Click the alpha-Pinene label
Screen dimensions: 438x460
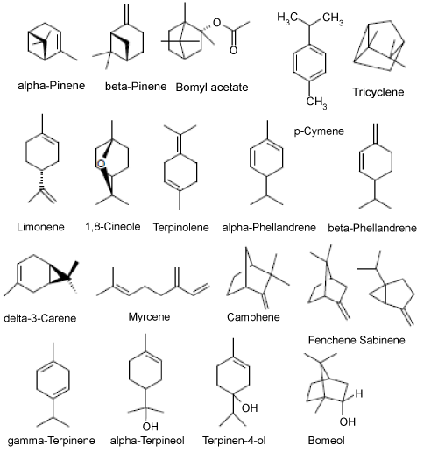52,86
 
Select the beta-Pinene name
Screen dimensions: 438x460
136,87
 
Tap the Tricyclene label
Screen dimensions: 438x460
378,92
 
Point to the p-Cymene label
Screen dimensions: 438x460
319,131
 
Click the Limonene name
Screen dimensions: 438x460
40,227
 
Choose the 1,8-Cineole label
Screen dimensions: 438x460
113,227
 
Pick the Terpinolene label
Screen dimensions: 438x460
181,228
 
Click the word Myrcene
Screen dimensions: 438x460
149,317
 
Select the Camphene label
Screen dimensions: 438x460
253,317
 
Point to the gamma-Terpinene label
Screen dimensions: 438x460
52,441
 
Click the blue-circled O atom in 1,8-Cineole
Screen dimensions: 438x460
101,164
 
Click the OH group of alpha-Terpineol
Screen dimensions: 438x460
150,426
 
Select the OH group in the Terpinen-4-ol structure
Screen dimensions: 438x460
250,407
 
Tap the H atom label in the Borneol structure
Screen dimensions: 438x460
359,393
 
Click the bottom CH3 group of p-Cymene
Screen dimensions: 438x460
316,103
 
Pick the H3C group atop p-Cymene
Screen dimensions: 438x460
288,18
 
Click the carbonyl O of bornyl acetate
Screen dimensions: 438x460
233,50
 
